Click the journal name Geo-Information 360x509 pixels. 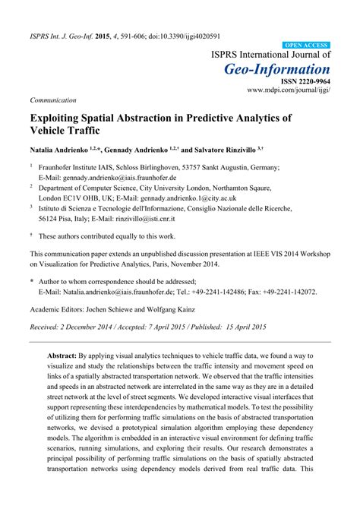[x=277, y=70]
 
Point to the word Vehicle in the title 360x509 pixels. [x=53, y=132]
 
